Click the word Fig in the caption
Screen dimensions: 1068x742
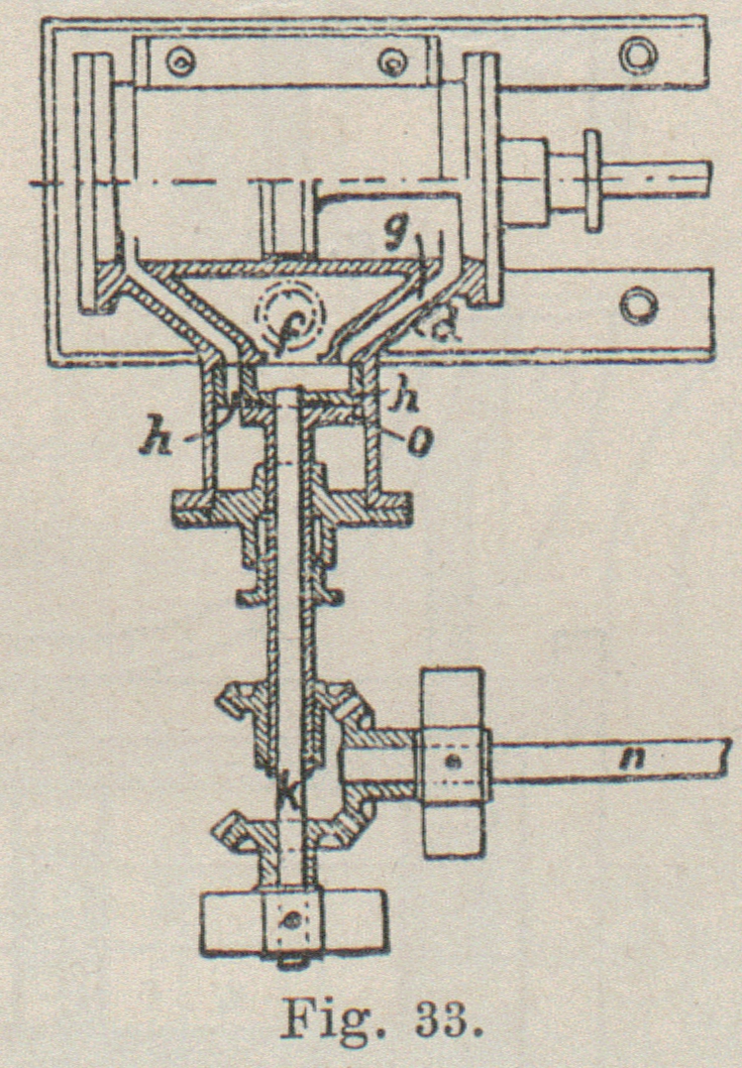pyautogui.click(x=314, y=1019)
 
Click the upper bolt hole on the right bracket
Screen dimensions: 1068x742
pyautogui.click(x=639, y=54)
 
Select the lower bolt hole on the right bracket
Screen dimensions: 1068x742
pyautogui.click(x=639, y=305)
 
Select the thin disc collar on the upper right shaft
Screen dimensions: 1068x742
pyautogui.click(x=593, y=180)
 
